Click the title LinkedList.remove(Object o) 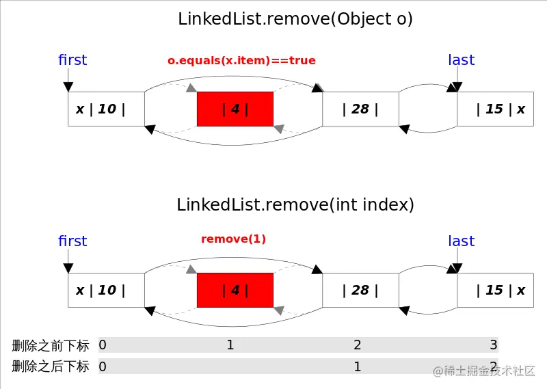tap(295, 19)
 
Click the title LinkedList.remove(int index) tap(295, 204)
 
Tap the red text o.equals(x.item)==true tap(241, 60)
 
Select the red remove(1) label tap(233, 239)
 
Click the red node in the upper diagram tap(235, 109)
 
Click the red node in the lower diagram tap(235, 290)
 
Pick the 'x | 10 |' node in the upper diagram tap(106, 109)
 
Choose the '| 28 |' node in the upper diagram tap(360, 109)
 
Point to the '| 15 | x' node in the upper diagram tap(495, 109)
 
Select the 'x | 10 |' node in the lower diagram tap(106, 290)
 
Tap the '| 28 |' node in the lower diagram tap(360, 290)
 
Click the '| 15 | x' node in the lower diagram tap(495, 290)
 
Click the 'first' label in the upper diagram tap(72, 60)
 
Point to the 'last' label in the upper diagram tap(461, 60)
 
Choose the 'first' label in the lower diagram tap(72, 241)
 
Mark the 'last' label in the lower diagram tap(461, 241)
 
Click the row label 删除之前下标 tap(51, 345)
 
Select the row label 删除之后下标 tap(51, 366)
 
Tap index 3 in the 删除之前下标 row tap(493, 345)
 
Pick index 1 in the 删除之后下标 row tap(357, 366)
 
